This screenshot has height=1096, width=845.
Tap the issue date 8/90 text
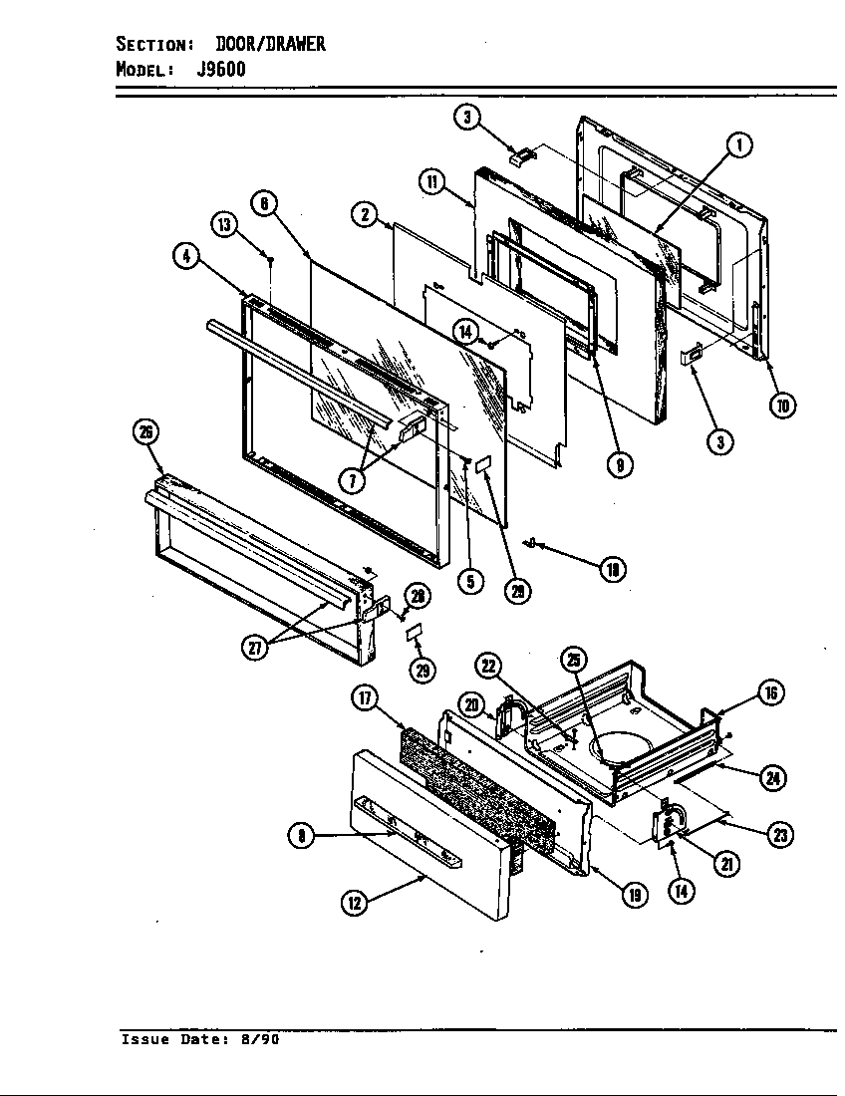[259, 1039]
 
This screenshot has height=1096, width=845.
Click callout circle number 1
[738, 145]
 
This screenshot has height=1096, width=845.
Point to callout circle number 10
[784, 405]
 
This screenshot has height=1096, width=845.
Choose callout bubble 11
[430, 181]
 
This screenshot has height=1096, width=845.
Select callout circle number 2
[364, 214]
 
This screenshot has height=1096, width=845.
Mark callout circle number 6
[263, 204]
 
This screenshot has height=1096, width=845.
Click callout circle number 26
[146, 431]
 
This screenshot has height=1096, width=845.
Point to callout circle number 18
[613, 568]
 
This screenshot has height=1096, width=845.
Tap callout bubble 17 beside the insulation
[364, 698]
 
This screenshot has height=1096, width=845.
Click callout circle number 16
[770, 693]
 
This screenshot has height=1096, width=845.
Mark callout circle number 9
[620, 464]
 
